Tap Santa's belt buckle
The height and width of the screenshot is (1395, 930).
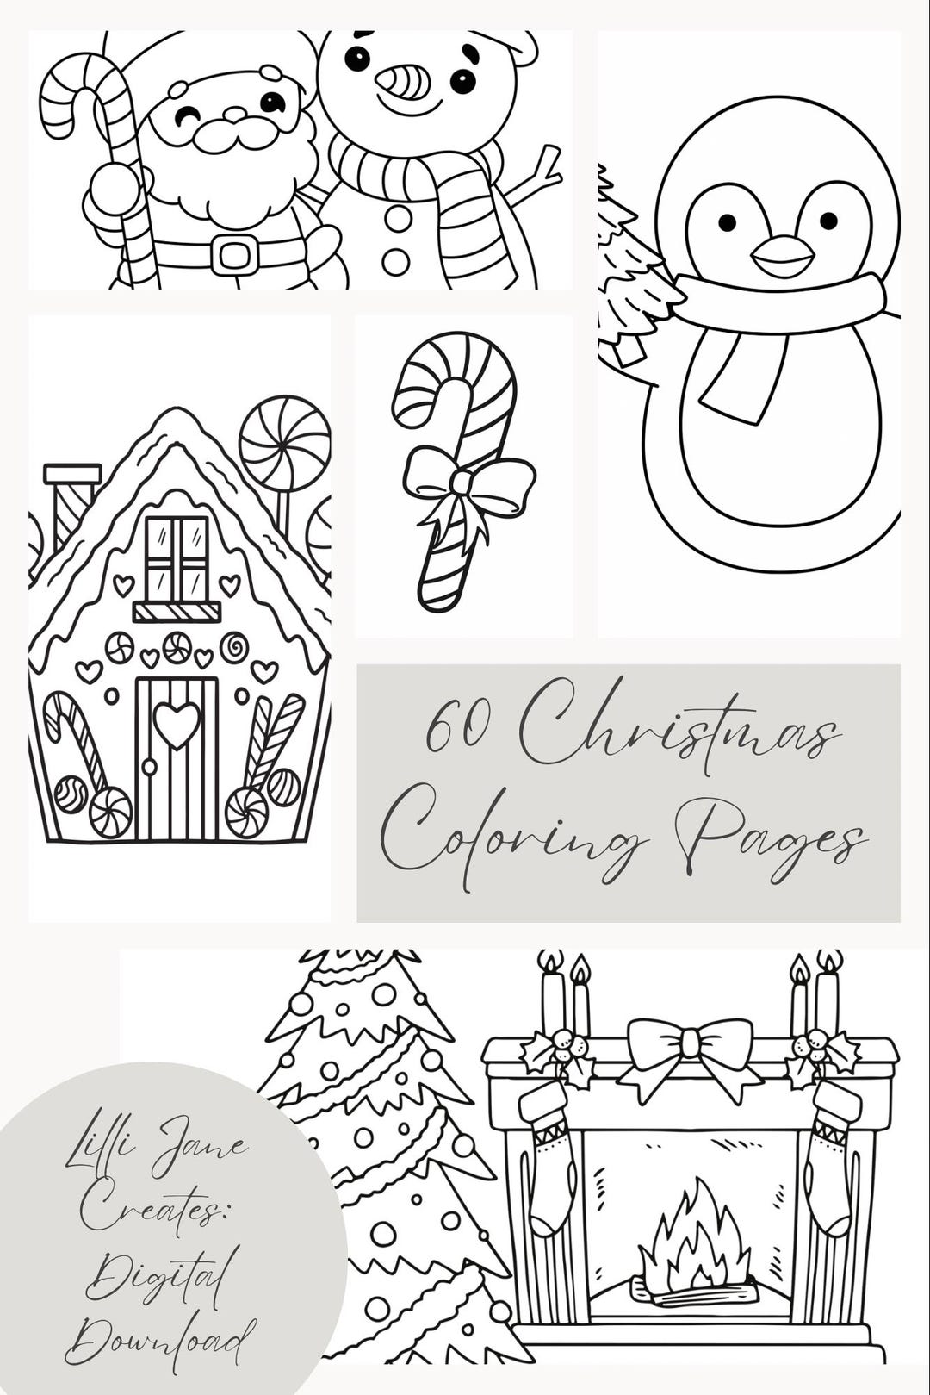pyautogui.click(x=234, y=254)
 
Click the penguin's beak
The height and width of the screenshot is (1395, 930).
pyautogui.click(x=782, y=256)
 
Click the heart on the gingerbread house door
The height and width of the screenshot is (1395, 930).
pyautogui.click(x=177, y=723)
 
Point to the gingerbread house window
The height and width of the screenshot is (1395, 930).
pyautogui.click(x=177, y=558)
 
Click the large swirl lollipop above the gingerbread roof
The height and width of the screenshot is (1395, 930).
pyautogui.click(x=284, y=443)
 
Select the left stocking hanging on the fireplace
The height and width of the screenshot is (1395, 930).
pyautogui.click(x=549, y=1155)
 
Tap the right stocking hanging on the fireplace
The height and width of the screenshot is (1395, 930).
pyautogui.click(x=831, y=1155)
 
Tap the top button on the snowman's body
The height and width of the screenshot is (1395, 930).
pyautogui.click(x=398, y=217)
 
